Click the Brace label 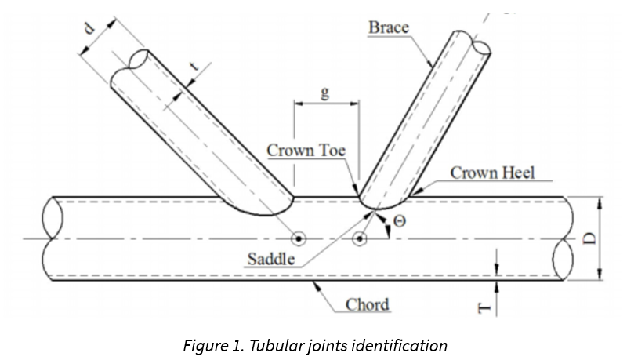click(x=389, y=28)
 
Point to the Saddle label click(x=272, y=258)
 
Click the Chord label click(x=368, y=303)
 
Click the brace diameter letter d click(x=90, y=29)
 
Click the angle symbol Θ click(x=399, y=221)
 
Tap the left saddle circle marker click(x=298, y=238)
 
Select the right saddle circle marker click(x=360, y=238)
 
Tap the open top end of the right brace click(x=474, y=45)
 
